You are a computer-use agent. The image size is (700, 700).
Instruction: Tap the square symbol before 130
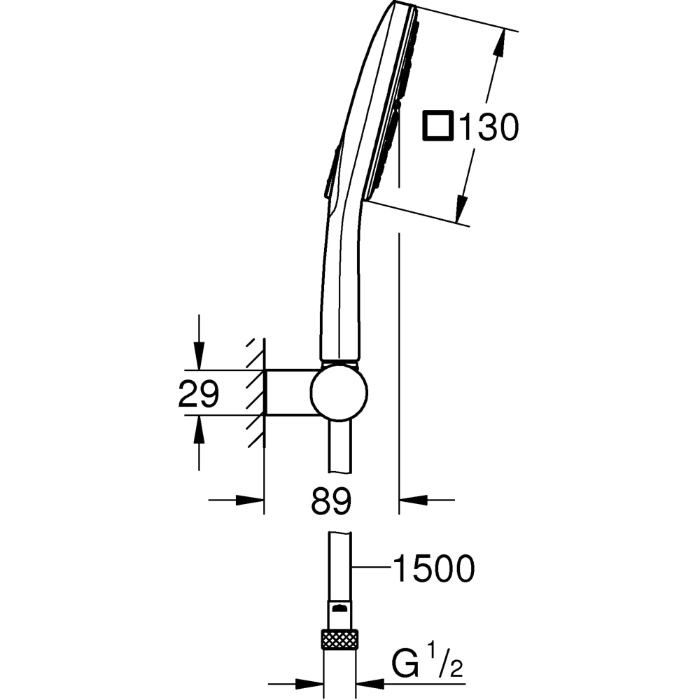click(438, 127)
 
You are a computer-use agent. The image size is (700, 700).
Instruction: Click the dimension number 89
click(331, 502)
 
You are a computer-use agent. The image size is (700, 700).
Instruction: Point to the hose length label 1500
click(433, 569)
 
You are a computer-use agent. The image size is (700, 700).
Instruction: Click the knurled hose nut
click(339, 639)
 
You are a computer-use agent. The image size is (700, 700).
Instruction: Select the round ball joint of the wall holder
click(339, 393)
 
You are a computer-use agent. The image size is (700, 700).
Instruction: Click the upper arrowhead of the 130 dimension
click(498, 46)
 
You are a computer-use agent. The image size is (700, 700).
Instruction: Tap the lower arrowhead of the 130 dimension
click(462, 207)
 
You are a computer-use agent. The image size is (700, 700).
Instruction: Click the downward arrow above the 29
click(199, 353)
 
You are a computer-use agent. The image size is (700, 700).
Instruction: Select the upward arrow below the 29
click(199, 432)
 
